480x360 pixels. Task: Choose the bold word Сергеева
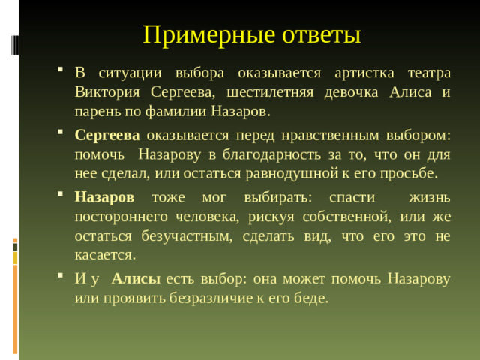point(107,136)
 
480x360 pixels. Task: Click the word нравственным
point(304,136)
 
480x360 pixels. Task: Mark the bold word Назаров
point(104,198)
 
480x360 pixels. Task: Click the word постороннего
point(121,217)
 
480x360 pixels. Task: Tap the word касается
point(105,254)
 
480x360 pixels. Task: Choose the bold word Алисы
point(136,279)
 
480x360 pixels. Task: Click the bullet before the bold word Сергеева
point(60,136)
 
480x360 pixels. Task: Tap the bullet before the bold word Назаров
point(60,198)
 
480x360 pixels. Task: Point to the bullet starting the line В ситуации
point(60,73)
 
